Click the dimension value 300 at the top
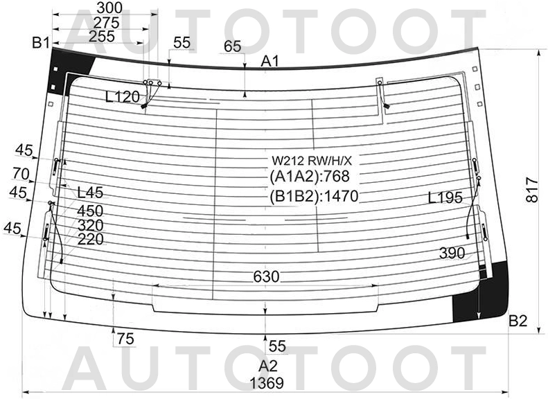[109, 8]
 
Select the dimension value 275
[106, 23]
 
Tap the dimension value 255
[102, 36]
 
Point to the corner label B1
[41, 43]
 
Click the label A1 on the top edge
[270, 62]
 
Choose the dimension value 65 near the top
[232, 46]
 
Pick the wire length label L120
[123, 97]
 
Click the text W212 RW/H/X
[312, 161]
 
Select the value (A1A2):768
[310, 177]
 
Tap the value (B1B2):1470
[315, 196]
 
